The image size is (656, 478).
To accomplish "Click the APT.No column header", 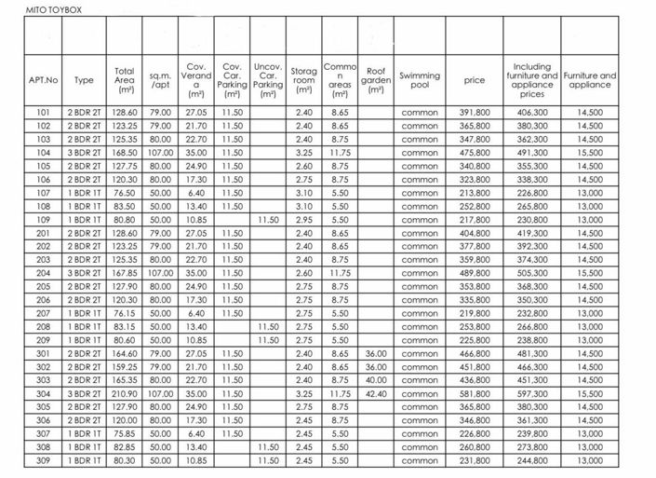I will pyautogui.click(x=44, y=81).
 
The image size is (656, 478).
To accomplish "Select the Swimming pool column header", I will pyautogui.click(x=420, y=81).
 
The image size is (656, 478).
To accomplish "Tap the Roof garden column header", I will pyautogui.click(x=376, y=81).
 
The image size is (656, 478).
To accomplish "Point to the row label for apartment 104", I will pyautogui.click(x=44, y=152).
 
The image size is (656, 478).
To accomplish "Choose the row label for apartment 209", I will pyautogui.click(x=44, y=341).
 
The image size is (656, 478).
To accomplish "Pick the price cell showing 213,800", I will pyautogui.click(x=475, y=192).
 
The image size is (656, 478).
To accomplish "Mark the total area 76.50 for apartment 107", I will pyautogui.click(x=124, y=192).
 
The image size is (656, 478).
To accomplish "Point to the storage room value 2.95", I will pyautogui.click(x=303, y=219).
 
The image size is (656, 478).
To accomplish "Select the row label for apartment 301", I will pyautogui.click(x=44, y=354).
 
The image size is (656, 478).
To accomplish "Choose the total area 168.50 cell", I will pyautogui.click(x=124, y=152).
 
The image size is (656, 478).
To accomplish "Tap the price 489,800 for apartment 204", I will pyautogui.click(x=475, y=273).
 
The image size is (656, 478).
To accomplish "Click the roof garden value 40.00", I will pyautogui.click(x=376, y=381).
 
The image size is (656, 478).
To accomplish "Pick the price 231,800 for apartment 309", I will pyautogui.click(x=475, y=461).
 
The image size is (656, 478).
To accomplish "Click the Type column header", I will pyautogui.click(x=84, y=81).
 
